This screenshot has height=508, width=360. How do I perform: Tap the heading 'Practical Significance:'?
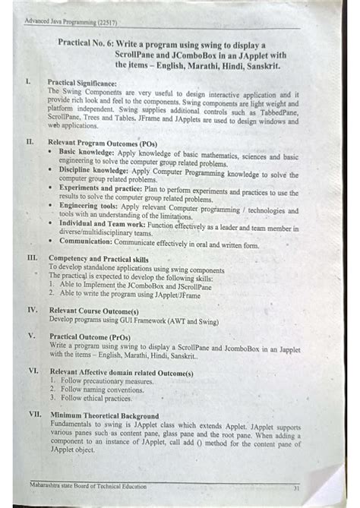[83, 82]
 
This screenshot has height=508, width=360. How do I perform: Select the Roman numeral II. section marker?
[30, 141]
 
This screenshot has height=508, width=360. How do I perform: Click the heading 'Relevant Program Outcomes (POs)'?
[103, 142]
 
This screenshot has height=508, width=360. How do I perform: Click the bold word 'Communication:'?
[86, 245]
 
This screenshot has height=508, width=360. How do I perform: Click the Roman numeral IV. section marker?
[33, 310]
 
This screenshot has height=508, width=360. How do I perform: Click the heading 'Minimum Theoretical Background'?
[105, 415]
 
